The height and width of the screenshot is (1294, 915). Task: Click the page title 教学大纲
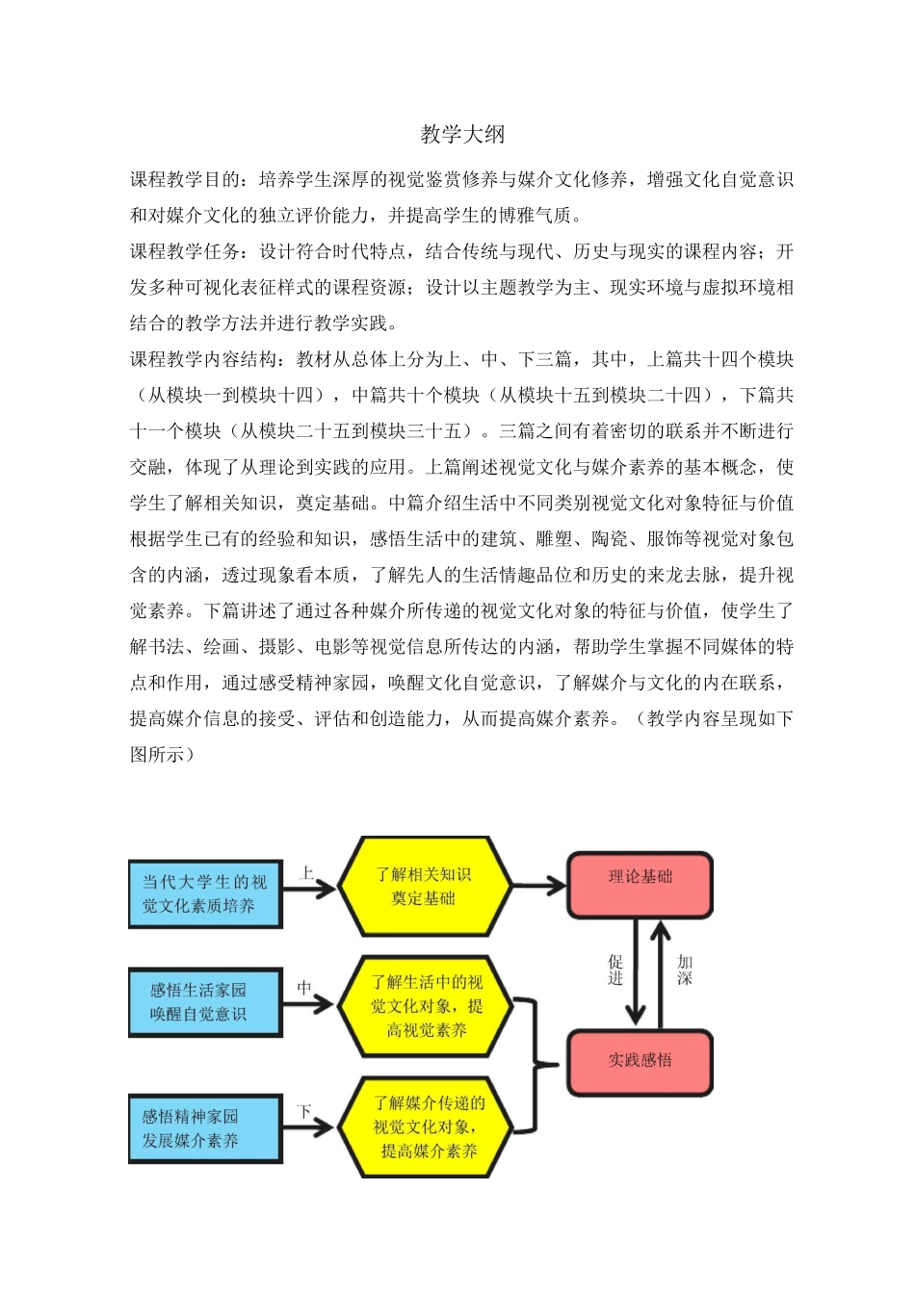tap(462, 135)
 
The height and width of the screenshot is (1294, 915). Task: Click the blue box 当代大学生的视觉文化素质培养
tap(205, 893)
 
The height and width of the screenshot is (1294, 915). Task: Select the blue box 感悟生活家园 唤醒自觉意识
tap(205, 1002)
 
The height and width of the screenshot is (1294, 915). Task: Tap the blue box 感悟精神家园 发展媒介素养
tap(205, 1128)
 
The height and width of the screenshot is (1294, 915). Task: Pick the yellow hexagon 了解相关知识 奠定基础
tap(424, 887)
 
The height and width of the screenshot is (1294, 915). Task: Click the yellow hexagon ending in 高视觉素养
tap(426, 1006)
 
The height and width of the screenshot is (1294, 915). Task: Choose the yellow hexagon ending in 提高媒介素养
tap(426, 1126)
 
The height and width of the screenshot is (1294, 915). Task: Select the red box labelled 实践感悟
tap(640, 1062)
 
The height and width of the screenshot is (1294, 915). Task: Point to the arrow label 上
tap(306, 873)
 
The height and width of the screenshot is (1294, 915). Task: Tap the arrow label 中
tap(305, 988)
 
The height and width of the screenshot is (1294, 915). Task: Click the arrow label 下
tap(305, 1112)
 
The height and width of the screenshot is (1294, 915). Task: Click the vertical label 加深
tap(685, 970)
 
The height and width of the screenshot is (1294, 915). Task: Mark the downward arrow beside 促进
tap(635, 972)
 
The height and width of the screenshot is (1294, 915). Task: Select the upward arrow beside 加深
tap(660, 972)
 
